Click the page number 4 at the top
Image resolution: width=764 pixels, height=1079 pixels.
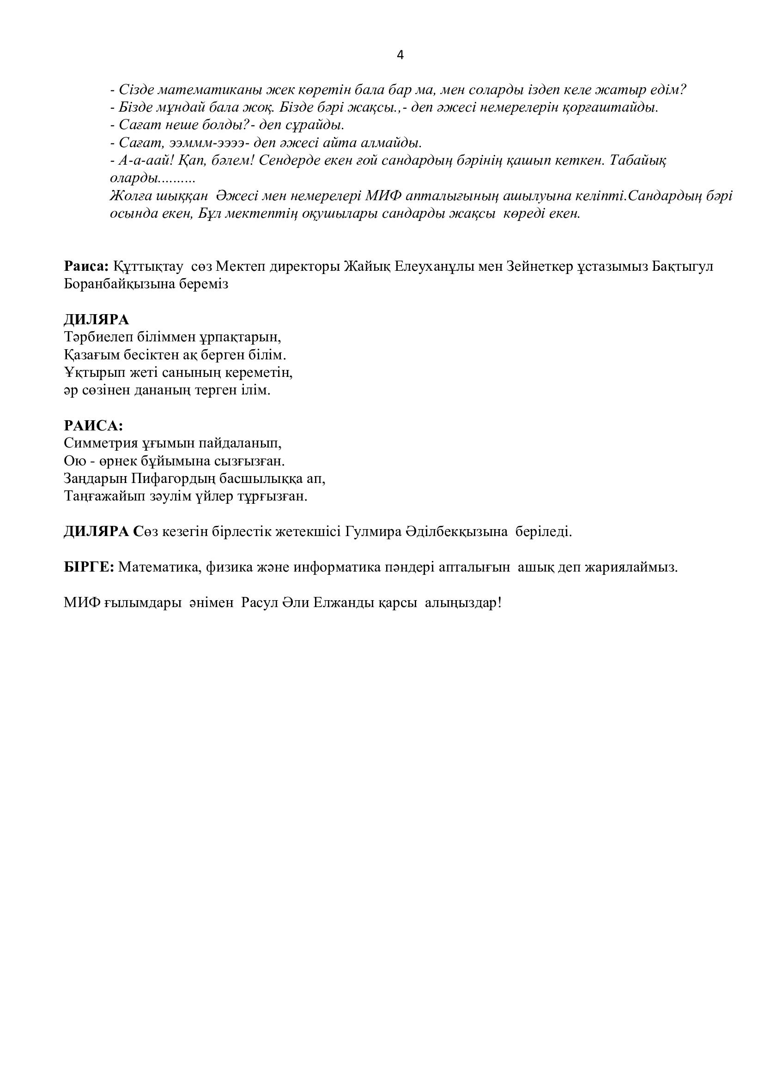[x=400, y=55]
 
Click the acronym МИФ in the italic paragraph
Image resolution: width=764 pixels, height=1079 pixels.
[x=383, y=196]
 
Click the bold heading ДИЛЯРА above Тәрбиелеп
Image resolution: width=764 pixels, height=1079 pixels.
[x=97, y=320]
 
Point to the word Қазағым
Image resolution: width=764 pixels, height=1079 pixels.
[x=93, y=355]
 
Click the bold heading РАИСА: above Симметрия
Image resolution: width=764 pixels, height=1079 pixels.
[x=93, y=426]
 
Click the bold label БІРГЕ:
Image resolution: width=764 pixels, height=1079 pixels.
[x=89, y=567]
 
